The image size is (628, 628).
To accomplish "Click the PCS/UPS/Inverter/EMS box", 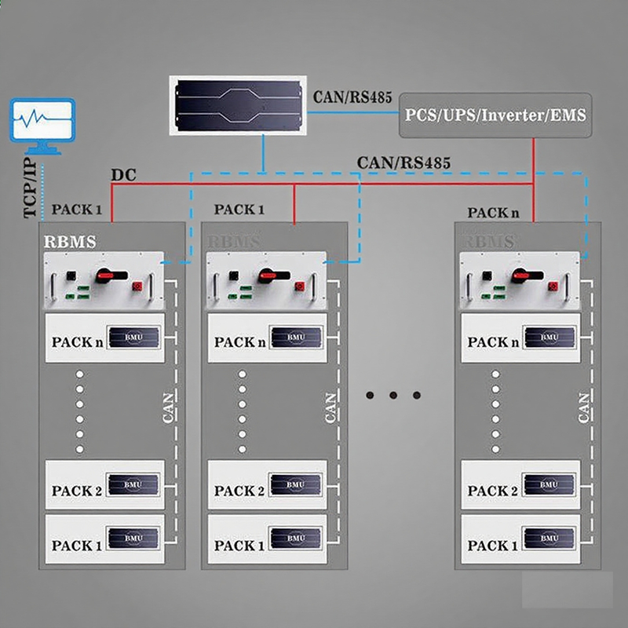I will (x=495, y=115).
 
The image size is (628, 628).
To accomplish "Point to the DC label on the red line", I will (x=123, y=175).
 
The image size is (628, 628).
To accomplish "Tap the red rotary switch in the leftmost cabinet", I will (x=104, y=276).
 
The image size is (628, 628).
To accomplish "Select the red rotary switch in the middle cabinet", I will (x=266, y=276).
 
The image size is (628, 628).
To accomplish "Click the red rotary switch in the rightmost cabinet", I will (x=519, y=276).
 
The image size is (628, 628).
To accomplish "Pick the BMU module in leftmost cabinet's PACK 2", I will (x=133, y=484).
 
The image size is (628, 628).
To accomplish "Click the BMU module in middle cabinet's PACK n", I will (x=294, y=338).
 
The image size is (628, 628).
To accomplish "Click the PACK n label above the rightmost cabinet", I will (x=493, y=213).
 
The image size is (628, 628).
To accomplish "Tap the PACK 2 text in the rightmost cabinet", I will (x=492, y=491).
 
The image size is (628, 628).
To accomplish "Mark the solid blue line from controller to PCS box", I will (x=353, y=113).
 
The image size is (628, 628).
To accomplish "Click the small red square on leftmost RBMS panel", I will (x=137, y=286).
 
